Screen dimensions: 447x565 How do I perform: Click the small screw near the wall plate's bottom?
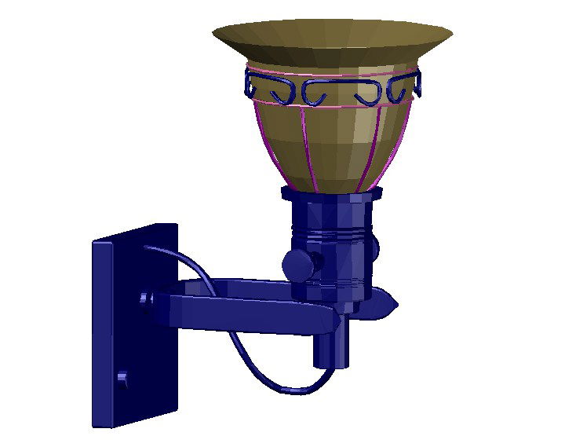pyautogui.click(x=122, y=379)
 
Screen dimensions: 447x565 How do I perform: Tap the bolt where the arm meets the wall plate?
pyautogui.click(x=145, y=299)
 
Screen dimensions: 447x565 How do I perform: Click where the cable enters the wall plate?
pyautogui.click(x=147, y=247)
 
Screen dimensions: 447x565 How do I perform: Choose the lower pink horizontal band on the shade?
pyautogui.click(x=330, y=104)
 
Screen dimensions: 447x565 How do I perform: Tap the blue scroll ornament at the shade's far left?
pyautogui.click(x=250, y=82)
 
